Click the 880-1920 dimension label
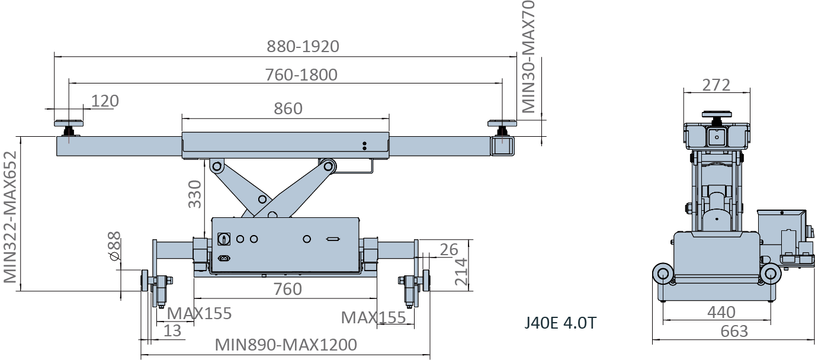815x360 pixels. point(303,47)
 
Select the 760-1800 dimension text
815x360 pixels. point(301,75)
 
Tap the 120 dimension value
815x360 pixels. point(105,101)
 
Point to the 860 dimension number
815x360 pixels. point(288,108)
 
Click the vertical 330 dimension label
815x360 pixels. point(195,194)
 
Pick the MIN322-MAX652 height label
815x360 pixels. point(10,217)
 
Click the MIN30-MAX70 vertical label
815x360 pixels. point(528,57)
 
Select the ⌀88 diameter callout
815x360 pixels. point(115,246)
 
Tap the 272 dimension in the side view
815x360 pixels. point(716,85)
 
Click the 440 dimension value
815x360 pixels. point(721,313)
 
